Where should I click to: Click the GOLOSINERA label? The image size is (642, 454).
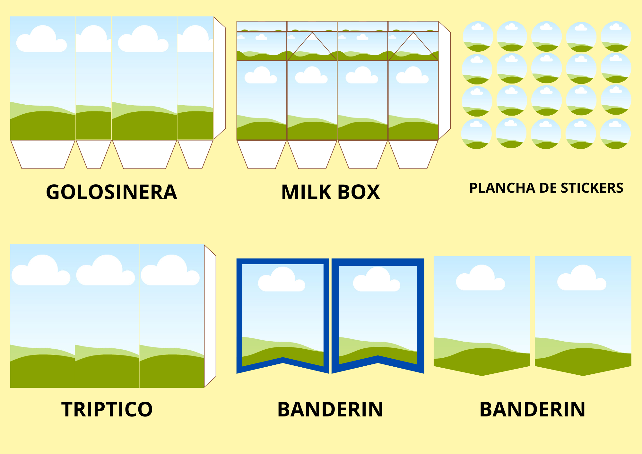(111, 192)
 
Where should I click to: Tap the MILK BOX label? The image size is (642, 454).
(331, 192)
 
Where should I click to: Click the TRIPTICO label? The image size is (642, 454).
(107, 409)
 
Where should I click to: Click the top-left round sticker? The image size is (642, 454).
(478, 36)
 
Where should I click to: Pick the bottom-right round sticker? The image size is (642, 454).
(615, 134)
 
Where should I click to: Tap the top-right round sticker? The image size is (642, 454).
(616, 36)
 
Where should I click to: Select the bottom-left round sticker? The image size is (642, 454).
(477, 134)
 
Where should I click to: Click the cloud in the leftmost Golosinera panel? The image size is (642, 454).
(41, 39)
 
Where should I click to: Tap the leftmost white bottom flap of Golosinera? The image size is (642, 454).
(43, 154)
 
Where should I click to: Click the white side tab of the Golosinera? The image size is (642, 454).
(220, 78)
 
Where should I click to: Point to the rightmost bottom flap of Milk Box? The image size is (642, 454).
(413, 154)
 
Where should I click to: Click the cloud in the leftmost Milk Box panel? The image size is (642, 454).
(261, 75)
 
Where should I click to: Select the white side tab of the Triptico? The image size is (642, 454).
(210, 316)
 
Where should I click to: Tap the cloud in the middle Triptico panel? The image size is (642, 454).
(106, 270)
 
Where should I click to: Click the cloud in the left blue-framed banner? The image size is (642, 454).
(282, 279)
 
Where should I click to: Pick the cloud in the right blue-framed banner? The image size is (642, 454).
(377, 279)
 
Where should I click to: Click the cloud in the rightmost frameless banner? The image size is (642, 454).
(582, 278)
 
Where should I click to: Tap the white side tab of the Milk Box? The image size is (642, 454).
(445, 81)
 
